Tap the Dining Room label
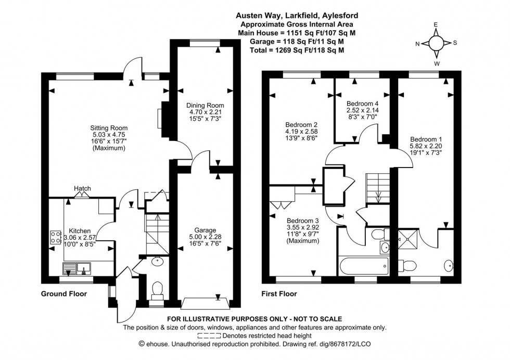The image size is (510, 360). pos(205,106)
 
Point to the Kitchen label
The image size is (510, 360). pos(76,231)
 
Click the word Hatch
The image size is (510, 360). pos(82,189)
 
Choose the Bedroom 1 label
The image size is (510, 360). pos(426,139)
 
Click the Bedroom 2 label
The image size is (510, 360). pos(301,125)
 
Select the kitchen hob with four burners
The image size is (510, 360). pos(55,238)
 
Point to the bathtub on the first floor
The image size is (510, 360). pos(363,267)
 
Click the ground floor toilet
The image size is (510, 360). pos(156,289)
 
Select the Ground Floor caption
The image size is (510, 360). pos(64,294)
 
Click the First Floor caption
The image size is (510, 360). pos(279,294)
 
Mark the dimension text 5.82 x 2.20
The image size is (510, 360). pos(426,147)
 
